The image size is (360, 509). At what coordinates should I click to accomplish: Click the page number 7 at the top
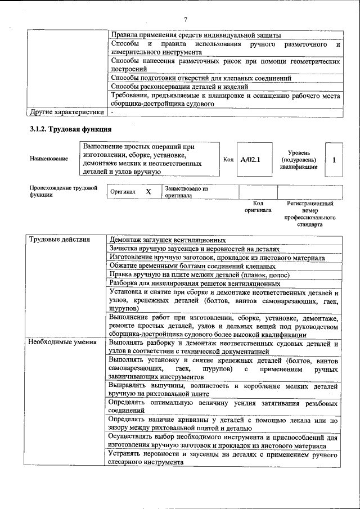(185, 20)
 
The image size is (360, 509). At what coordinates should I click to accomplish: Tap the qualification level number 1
(334, 160)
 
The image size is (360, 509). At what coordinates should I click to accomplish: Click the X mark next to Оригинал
(148, 192)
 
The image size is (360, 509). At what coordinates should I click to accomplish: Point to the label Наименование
(49, 159)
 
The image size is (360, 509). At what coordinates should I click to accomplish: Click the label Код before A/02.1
(228, 160)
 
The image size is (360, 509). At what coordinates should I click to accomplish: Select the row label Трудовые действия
(59, 240)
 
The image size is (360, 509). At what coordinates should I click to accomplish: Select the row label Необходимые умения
(62, 341)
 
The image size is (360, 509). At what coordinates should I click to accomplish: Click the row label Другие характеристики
(66, 112)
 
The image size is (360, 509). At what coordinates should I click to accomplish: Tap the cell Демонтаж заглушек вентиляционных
(168, 240)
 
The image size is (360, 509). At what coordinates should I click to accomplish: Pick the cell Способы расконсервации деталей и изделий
(179, 87)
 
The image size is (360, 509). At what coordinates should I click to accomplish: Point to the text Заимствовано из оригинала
(186, 192)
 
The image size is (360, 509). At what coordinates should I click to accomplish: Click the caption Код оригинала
(258, 207)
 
